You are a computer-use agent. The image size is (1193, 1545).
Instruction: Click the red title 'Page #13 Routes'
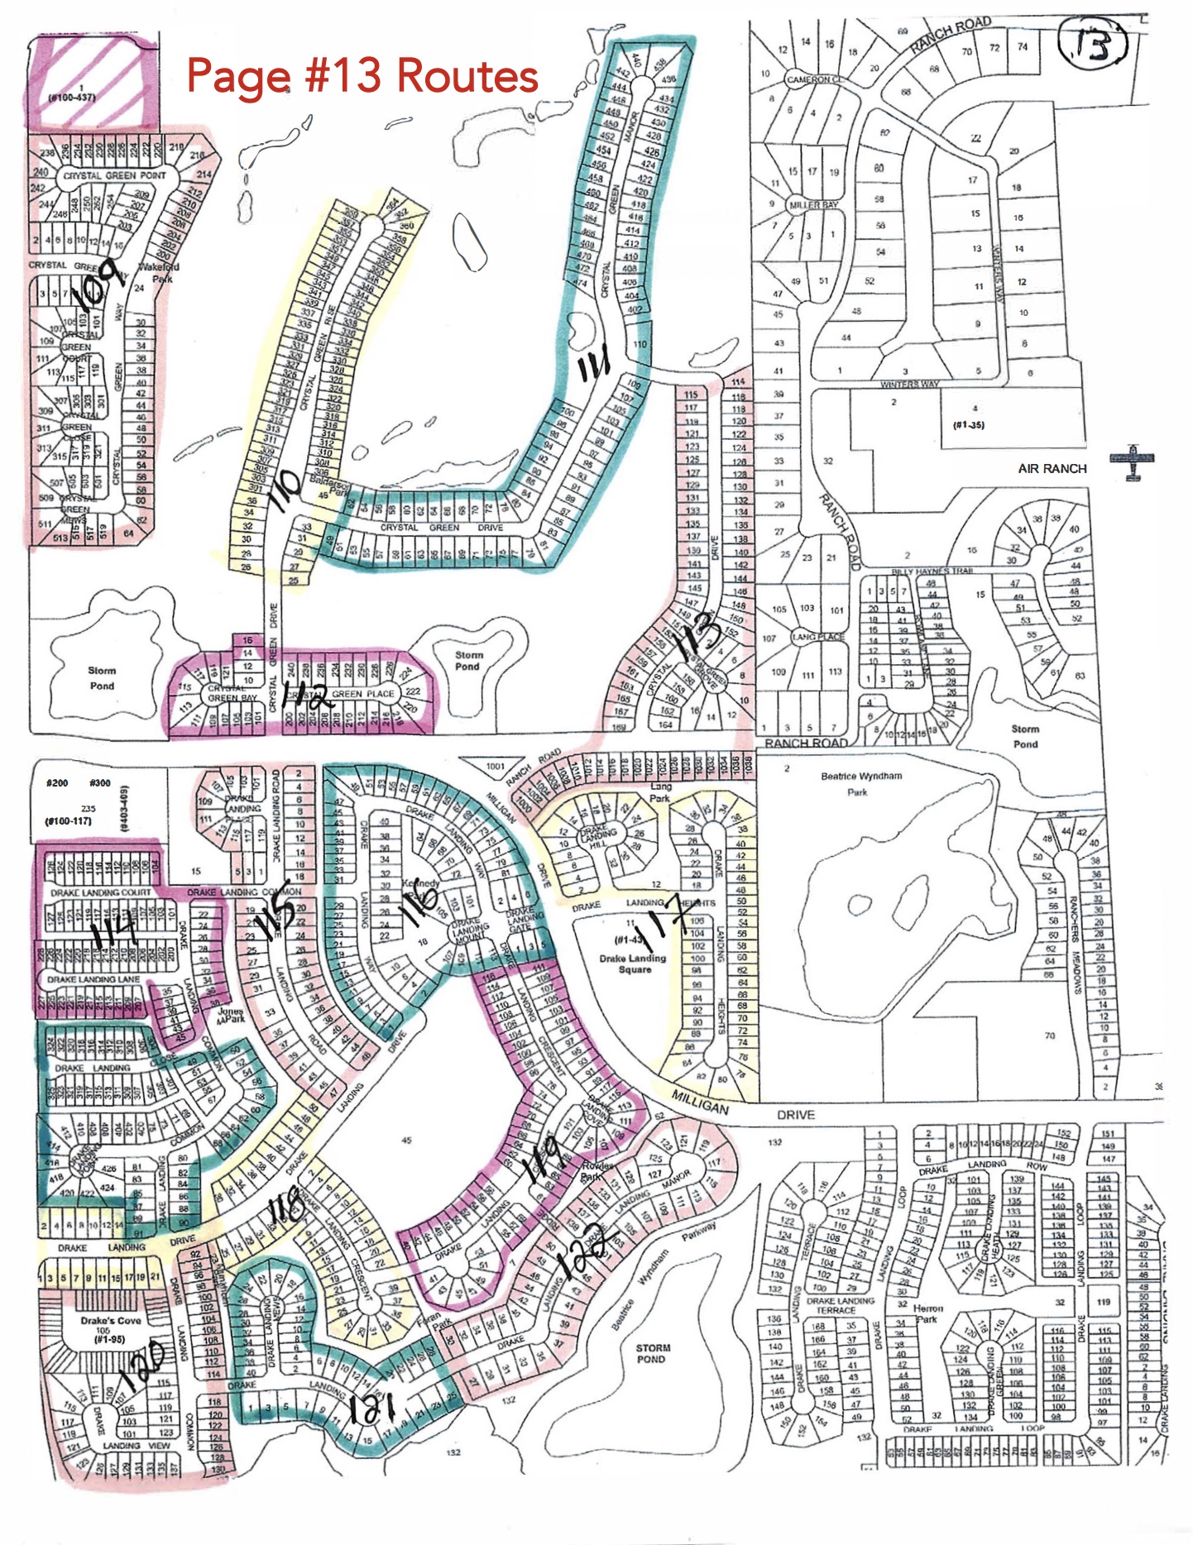click(x=362, y=75)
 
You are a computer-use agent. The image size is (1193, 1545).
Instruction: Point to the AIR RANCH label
click(x=1052, y=469)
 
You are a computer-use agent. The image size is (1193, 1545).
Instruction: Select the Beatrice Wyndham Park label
click(x=860, y=783)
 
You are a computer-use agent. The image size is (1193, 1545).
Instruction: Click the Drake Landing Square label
click(x=634, y=964)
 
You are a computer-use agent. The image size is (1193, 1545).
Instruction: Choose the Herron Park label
click(x=927, y=1313)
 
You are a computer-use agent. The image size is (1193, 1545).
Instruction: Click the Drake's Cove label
click(x=111, y=1320)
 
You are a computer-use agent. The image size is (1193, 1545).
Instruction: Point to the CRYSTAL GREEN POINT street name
click(x=114, y=175)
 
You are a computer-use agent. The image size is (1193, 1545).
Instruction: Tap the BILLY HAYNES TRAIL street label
click(x=932, y=572)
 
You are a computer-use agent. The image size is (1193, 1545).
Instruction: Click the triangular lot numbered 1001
click(x=495, y=768)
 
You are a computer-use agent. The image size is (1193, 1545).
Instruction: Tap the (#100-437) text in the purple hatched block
click(x=72, y=98)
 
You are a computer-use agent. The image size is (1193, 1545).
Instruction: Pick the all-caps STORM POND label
click(x=651, y=1353)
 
